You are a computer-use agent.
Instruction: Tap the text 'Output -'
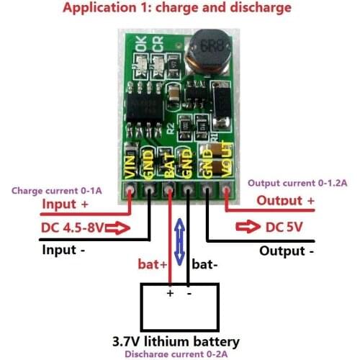pos(287,251)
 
